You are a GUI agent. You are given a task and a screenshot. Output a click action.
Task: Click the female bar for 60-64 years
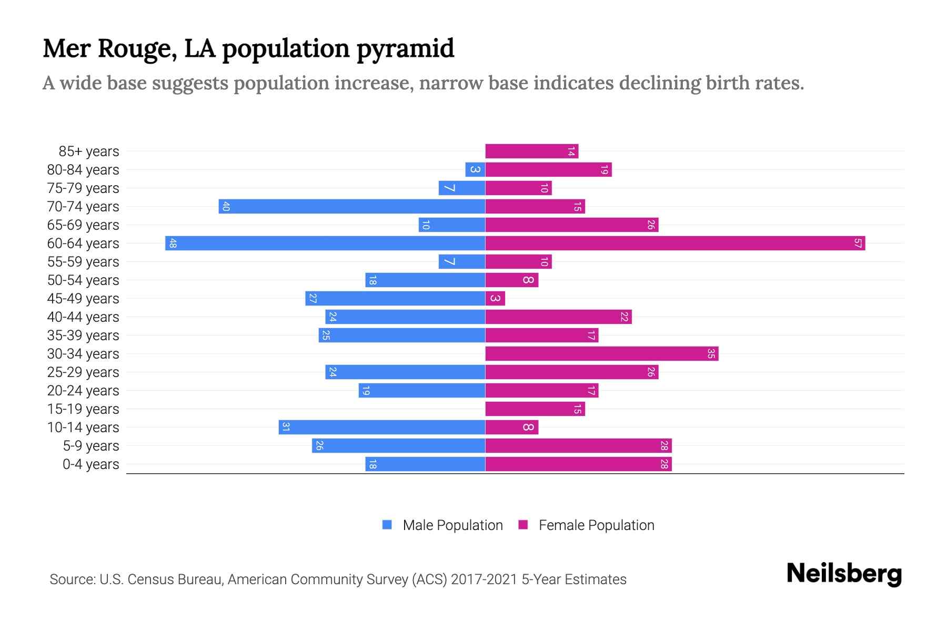tap(675, 243)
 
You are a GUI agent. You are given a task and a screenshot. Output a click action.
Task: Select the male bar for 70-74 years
tap(351, 207)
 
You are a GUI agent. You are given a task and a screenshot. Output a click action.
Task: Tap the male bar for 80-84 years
tap(475, 170)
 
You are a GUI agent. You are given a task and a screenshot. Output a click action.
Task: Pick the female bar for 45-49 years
tap(495, 299)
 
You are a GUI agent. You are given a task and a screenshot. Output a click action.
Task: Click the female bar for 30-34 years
tap(601, 354)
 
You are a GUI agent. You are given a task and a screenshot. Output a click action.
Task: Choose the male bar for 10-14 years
tap(381, 427)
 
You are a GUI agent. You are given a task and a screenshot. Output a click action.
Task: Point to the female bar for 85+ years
tap(531, 151)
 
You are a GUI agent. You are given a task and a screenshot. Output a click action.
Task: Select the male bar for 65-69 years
tap(451, 225)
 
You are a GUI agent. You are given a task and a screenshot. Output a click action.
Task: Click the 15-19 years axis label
tap(83, 409)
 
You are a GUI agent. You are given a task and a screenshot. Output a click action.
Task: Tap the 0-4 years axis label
tap(90, 464)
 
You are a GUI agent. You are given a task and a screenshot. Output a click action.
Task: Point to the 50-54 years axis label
tap(83, 280)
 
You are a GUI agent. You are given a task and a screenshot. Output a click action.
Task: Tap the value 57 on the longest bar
tap(858, 243)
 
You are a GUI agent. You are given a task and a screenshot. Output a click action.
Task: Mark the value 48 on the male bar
tap(173, 243)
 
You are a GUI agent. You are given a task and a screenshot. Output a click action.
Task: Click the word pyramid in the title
tap(405, 49)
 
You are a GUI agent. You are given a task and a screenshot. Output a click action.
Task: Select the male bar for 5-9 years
tap(398, 446)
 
